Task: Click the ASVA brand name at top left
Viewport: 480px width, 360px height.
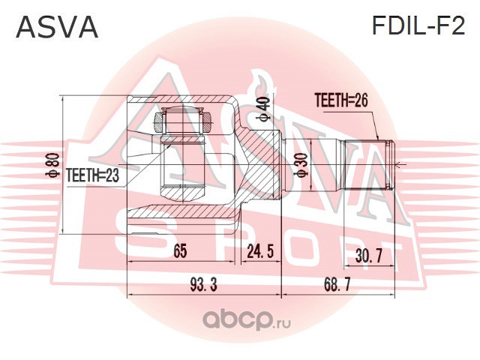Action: [57, 27]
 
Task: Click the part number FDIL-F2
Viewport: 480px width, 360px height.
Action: [418, 25]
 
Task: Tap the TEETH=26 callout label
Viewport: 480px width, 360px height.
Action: [341, 100]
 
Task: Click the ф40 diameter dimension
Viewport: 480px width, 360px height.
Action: [263, 109]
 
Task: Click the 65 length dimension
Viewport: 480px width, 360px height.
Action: [180, 251]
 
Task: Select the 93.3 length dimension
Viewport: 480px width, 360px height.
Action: [203, 285]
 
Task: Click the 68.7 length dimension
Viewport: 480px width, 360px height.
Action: [337, 285]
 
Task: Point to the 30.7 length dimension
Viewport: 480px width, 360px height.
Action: [368, 256]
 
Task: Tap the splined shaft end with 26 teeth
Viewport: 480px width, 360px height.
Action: [368, 165]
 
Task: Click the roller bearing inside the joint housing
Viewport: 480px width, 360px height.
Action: [183, 121]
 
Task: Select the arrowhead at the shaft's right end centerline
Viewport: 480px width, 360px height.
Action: [397, 166]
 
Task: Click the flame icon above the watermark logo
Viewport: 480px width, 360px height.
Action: [261, 85]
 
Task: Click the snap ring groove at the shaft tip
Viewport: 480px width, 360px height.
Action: [388, 165]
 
